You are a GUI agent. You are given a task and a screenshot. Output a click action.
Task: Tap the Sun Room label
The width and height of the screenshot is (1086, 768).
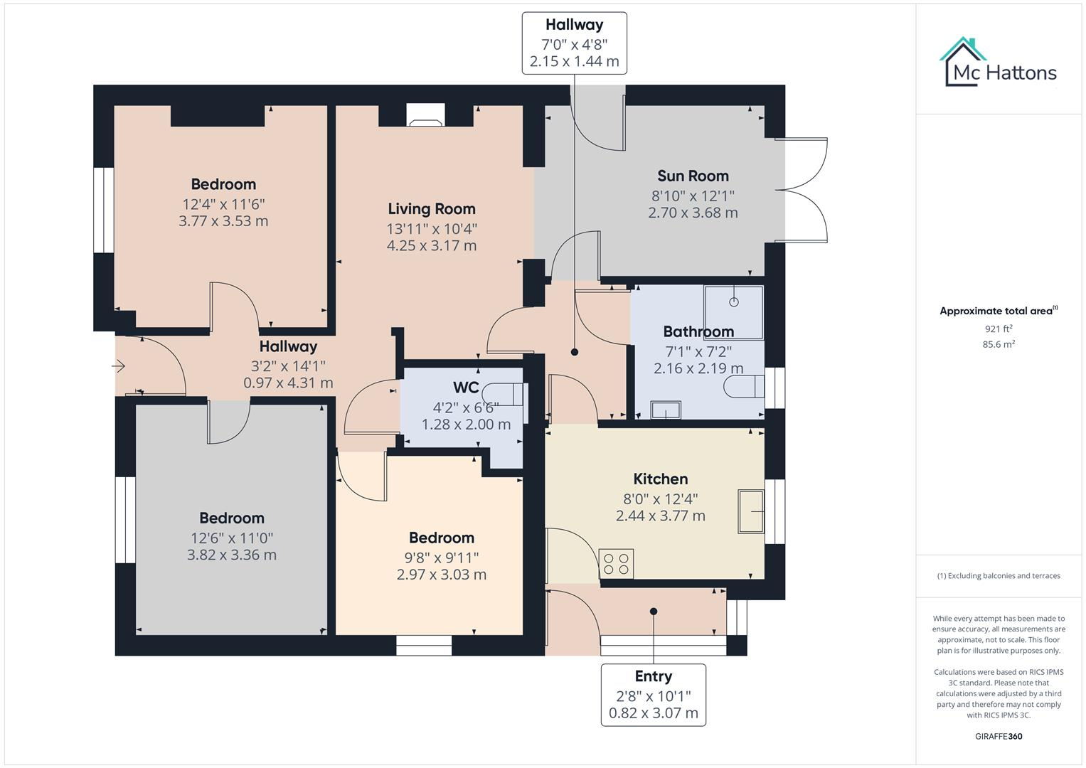(692, 176)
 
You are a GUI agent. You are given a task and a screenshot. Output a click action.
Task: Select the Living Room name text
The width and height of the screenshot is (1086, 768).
(431, 208)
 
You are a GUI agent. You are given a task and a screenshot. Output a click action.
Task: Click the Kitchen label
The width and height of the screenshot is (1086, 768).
(660, 479)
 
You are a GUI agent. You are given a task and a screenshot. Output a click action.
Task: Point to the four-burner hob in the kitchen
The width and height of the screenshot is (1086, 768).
(616, 563)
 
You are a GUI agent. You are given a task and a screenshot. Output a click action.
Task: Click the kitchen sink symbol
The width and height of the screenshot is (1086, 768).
(751, 511)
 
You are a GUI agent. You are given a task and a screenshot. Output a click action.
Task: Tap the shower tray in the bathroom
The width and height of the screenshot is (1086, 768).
(733, 303)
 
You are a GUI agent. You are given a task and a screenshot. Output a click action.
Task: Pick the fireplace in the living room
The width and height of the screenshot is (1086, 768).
(425, 115)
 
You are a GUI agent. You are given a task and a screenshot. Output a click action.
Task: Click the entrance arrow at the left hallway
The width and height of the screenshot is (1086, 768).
(119, 366)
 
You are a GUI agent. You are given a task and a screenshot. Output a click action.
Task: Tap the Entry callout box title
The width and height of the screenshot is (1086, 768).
(653, 676)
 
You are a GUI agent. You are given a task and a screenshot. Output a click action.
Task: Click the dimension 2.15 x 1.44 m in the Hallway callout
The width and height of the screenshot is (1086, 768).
(574, 61)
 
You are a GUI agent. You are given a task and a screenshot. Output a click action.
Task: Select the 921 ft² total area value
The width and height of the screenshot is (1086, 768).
(998, 329)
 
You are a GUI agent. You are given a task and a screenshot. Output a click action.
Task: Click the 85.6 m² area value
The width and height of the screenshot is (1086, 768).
(998, 344)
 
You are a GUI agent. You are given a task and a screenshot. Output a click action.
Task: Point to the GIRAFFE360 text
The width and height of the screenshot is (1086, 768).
(998, 736)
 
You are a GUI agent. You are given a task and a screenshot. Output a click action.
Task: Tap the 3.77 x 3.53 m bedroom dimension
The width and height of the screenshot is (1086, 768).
(223, 220)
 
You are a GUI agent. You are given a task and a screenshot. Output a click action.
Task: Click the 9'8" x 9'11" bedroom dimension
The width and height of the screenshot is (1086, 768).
(441, 557)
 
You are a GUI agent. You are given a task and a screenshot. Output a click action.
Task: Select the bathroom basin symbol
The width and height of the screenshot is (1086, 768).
(666, 410)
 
